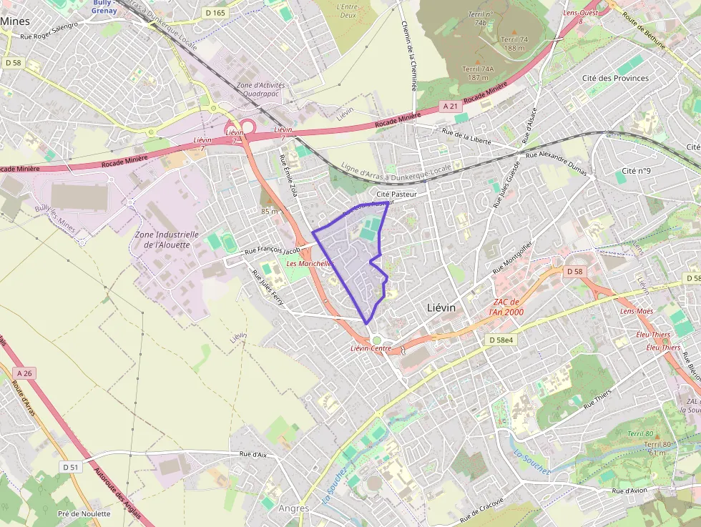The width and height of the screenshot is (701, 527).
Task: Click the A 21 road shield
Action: coord(449,107)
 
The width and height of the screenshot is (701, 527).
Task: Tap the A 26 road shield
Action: coord(24,373)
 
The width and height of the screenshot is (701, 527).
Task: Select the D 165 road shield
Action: coord(215,13)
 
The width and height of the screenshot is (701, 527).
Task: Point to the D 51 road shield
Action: coord(70,467)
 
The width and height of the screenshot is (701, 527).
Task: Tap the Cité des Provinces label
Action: coord(615,78)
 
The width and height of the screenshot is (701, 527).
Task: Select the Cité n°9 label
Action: coord(636,171)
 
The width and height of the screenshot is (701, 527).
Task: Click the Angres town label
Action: coord(293,508)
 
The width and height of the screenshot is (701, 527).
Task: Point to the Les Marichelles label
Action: coord(310,264)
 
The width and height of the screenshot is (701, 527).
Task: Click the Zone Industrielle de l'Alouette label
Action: coord(167,239)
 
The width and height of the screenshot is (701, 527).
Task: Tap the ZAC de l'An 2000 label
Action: coord(506,307)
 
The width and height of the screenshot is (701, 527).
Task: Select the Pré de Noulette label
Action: coord(84,513)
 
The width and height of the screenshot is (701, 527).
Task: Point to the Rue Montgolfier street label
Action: coord(512,258)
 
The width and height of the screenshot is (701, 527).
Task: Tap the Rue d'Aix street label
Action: coord(253,454)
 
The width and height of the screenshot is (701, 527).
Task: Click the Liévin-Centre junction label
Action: coord(371,348)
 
